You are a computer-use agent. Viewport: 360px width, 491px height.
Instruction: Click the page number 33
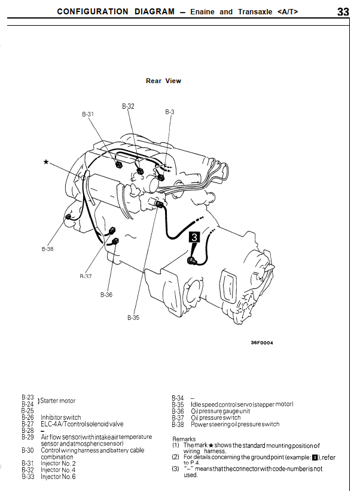point(343,11)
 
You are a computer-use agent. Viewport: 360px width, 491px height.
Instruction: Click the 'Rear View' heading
point(163,81)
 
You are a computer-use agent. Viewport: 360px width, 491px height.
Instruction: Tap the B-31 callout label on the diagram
point(88,114)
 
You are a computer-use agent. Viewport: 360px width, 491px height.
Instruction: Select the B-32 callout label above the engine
point(128,106)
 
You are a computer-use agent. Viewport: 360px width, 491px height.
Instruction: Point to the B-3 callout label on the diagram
point(169,112)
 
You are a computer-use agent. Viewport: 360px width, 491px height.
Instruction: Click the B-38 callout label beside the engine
point(47,249)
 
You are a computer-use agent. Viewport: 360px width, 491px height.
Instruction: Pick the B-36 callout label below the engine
point(106,295)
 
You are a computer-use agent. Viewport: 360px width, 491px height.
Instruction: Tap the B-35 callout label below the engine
point(133,318)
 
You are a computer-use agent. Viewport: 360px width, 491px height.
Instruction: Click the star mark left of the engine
point(46,162)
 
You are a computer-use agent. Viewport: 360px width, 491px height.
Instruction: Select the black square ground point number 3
point(194,237)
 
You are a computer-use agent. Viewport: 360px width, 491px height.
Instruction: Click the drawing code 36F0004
point(262,343)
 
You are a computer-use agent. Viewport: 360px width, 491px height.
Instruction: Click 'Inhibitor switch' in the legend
point(60,417)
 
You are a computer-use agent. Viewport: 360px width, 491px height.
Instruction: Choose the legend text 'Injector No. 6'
point(58,477)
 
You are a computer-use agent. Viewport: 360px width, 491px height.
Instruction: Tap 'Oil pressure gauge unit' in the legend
point(220,411)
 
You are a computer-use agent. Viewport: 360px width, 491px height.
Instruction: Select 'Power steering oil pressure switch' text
point(235,424)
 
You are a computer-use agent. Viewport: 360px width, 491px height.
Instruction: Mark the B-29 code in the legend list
point(28,437)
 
